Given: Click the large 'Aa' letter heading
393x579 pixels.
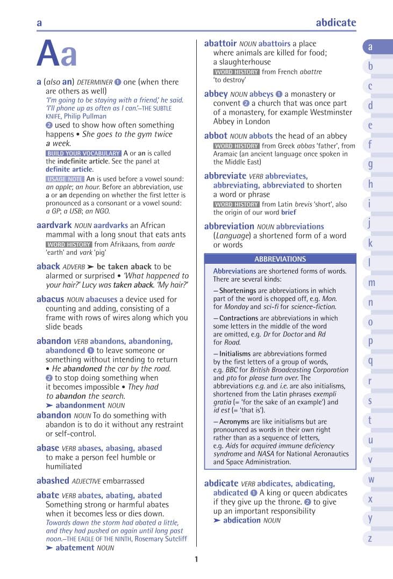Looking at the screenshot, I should click(57, 54).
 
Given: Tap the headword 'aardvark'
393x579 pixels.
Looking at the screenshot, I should click(54, 225).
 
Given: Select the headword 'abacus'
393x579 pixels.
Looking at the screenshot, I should click(50, 299).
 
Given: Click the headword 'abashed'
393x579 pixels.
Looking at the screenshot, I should click(53, 481).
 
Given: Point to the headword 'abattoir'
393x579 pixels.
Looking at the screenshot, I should click(220, 44).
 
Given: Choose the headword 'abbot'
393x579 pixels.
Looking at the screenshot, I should click(216, 136).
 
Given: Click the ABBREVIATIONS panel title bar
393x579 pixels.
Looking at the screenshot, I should click(280, 259).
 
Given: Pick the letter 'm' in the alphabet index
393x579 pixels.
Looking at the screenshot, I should click(371, 283).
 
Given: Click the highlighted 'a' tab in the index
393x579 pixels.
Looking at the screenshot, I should click(371, 47).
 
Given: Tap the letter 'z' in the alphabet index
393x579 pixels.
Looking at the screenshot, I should click(370, 538).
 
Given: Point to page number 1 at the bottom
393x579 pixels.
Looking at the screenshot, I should click(196, 559).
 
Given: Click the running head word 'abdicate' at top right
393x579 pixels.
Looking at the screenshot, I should click(335, 23).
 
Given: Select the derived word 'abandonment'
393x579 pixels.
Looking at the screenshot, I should click(81, 405).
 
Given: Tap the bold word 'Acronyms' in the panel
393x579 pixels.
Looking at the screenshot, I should click(238, 421).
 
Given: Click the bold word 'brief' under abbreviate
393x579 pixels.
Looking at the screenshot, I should click(288, 212).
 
